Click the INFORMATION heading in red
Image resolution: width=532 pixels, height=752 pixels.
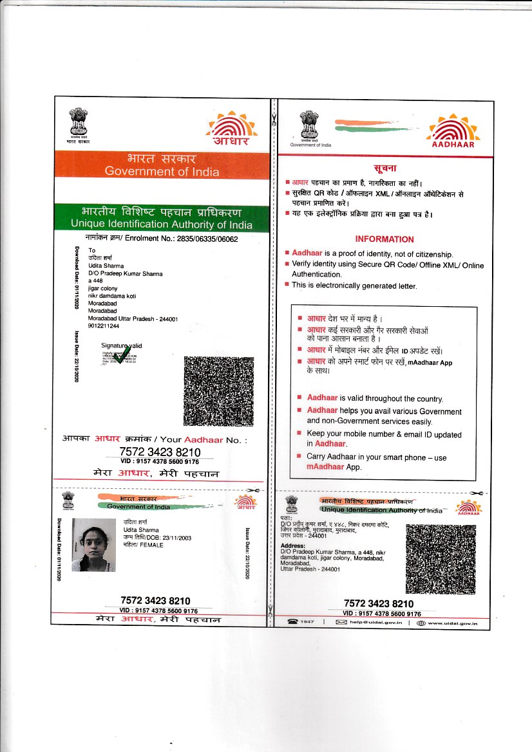pyautogui.click(x=384, y=239)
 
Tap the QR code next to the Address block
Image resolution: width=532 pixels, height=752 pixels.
pyautogui.click(x=441, y=559)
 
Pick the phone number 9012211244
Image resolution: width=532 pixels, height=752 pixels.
pyautogui.click(x=104, y=326)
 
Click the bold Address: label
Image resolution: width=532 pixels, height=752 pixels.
pyautogui.click(x=293, y=546)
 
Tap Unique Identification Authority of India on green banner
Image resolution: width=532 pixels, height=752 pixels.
pyautogui.click(x=162, y=225)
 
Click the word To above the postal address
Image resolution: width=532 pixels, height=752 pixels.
pyautogui.click(x=91, y=250)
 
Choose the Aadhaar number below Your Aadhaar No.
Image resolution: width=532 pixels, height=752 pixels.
pyautogui.click(x=160, y=452)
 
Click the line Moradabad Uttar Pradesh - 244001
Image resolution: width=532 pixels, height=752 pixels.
pyautogui.click(x=133, y=318)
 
